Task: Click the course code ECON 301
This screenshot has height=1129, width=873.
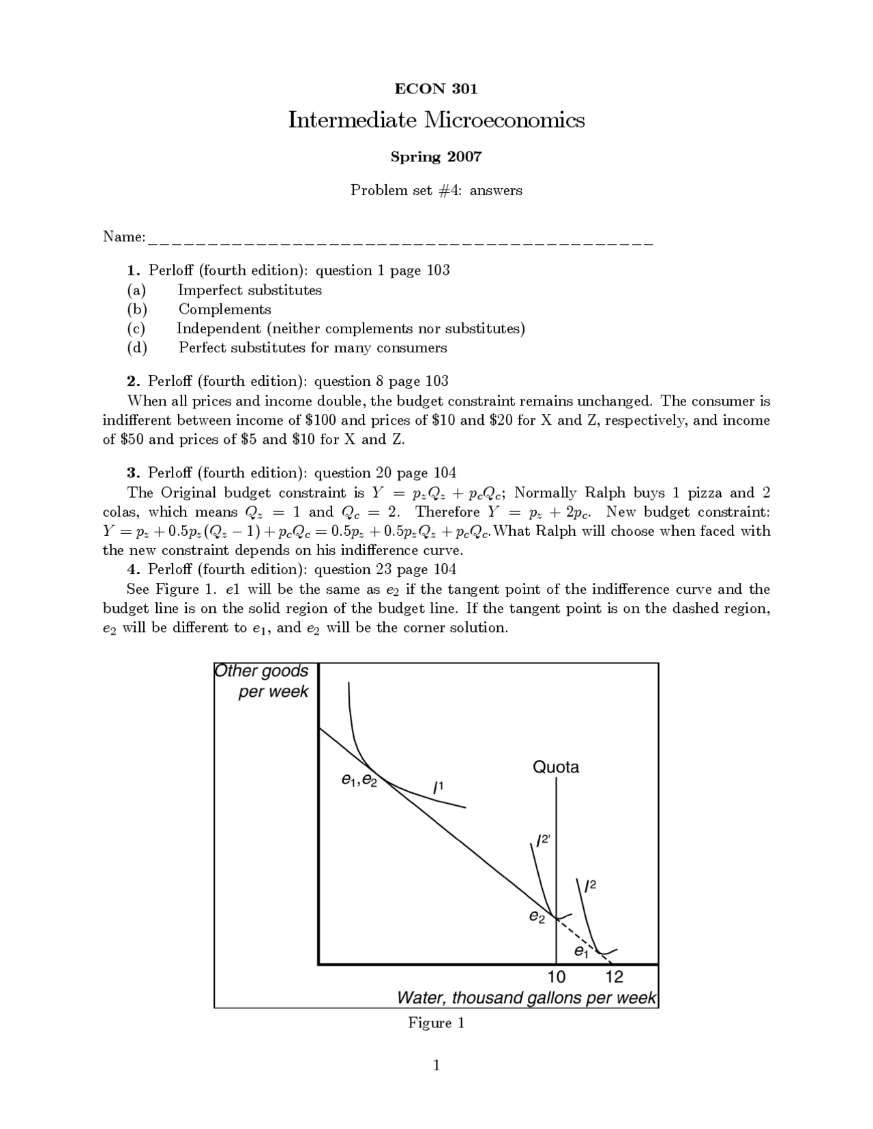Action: tap(436, 89)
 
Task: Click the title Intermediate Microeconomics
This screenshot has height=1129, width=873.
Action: tap(436, 120)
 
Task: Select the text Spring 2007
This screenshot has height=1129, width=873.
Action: tap(436, 157)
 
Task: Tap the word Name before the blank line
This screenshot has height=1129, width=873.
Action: tap(123, 237)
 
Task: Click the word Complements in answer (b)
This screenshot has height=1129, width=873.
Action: tap(224, 309)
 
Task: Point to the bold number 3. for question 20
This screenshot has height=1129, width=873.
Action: tap(134, 472)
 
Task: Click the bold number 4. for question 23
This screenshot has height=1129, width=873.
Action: tap(134, 569)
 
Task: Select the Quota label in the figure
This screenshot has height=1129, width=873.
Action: tap(556, 767)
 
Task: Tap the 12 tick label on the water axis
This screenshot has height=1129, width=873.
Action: tap(614, 977)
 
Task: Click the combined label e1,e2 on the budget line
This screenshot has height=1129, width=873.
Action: tap(359, 779)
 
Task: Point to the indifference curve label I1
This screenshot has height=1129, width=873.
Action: tap(439, 787)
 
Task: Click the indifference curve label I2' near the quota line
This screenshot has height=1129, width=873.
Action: tap(542, 841)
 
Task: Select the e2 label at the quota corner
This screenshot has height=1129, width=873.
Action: tap(537, 918)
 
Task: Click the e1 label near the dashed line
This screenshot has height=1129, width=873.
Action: tap(580, 951)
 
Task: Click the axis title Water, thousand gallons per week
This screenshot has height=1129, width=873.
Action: tap(527, 997)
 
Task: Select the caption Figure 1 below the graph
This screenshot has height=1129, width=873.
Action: tap(436, 1023)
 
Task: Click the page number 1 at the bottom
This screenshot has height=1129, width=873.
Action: tap(436, 1066)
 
